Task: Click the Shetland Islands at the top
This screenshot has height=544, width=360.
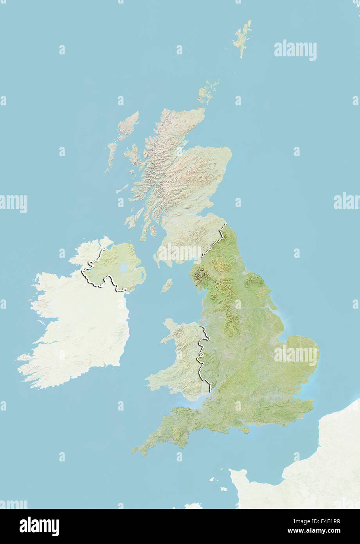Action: click(x=243, y=37)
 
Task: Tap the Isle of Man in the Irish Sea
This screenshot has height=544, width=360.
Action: click(x=167, y=285)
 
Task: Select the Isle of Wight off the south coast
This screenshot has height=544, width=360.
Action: click(x=245, y=430)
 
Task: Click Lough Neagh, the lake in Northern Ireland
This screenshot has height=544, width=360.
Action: click(x=124, y=268)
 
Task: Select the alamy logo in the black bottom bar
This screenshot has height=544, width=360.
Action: click(x=39, y=526)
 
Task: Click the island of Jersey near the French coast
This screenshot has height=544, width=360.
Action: click(x=223, y=488)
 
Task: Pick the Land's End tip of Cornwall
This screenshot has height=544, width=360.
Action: click(x=133, y=451)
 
